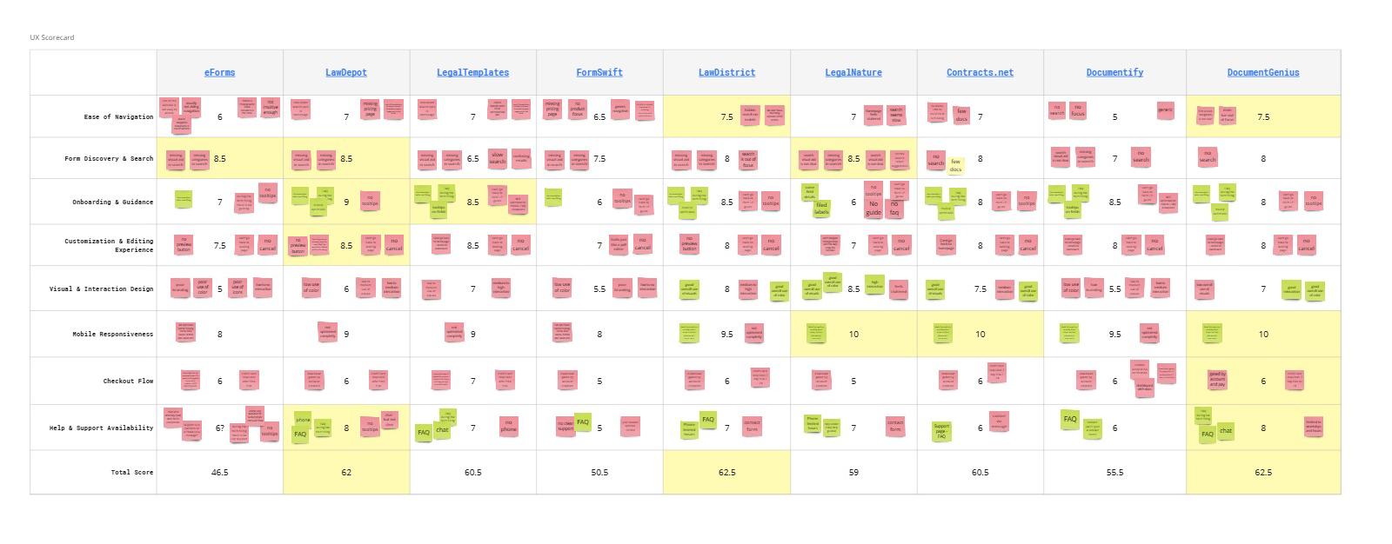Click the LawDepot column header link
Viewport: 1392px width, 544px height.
pos(346,73)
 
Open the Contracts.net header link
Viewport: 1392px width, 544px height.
pos(980,73)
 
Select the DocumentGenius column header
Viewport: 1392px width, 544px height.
pos(1263,73)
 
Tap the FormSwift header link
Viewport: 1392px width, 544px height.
pos(599,73)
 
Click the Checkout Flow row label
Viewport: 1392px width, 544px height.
pos(128,381)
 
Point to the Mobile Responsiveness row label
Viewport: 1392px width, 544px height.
pos(113,334)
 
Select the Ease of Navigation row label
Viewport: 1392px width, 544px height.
pos(118,116)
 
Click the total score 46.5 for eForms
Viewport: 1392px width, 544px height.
pos(219,473)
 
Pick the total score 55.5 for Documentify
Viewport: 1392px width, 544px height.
pos(1114,473)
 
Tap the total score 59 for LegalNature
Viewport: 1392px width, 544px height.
pos(853,473)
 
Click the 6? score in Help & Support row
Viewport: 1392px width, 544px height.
pos(220,428)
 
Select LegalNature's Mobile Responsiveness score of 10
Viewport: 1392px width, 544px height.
pos(853,334)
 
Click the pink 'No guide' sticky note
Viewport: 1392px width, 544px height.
pos(873,208)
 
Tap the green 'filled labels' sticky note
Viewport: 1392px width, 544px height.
pos(821,209)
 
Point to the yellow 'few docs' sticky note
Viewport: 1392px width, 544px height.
pos(955,165)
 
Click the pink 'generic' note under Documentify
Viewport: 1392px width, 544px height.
pos(1165,109)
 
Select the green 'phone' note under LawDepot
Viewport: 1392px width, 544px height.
pos(303,419)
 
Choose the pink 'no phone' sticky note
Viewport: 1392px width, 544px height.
pos(508,426)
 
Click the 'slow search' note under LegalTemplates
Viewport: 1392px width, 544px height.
pos(498,158)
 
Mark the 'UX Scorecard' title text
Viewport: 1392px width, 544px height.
pos(52,37)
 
